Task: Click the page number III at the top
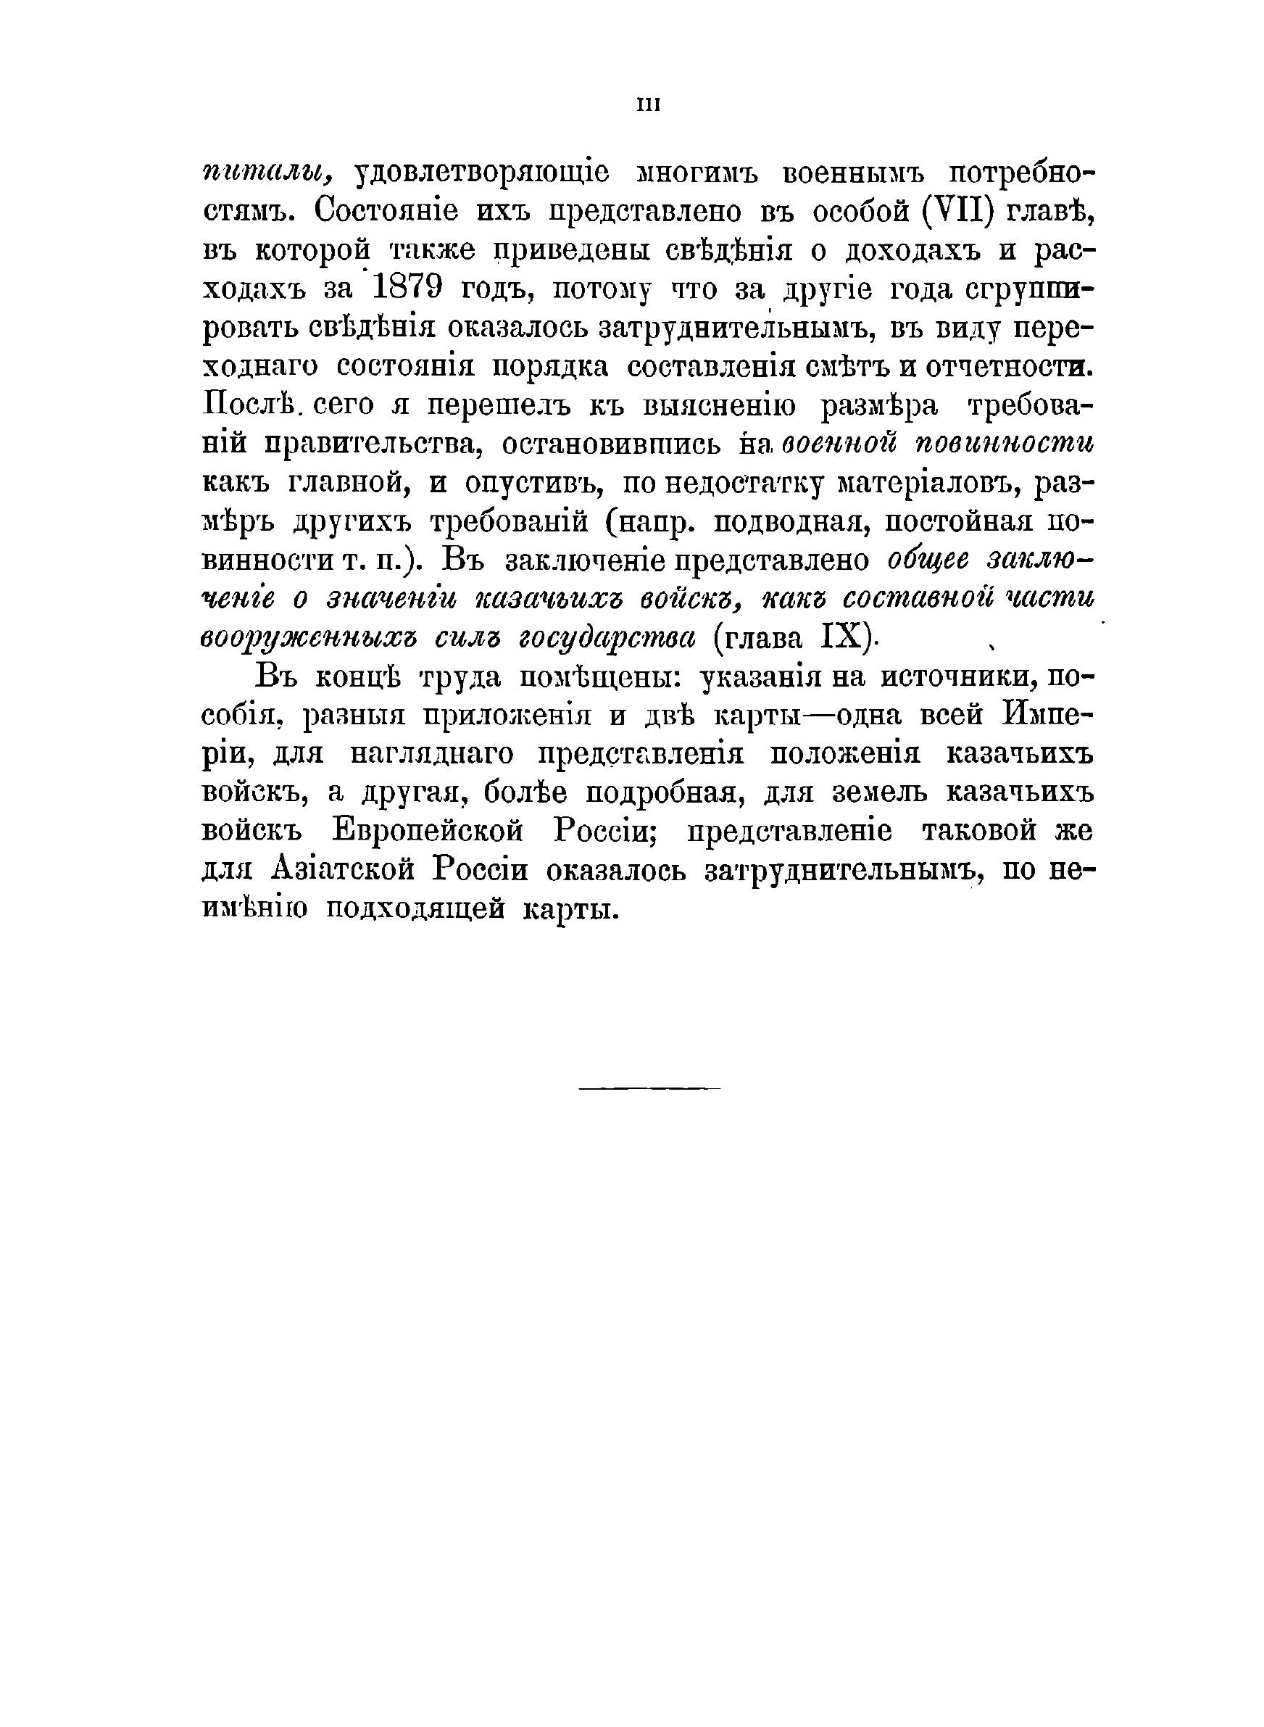(x=647, y=105)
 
